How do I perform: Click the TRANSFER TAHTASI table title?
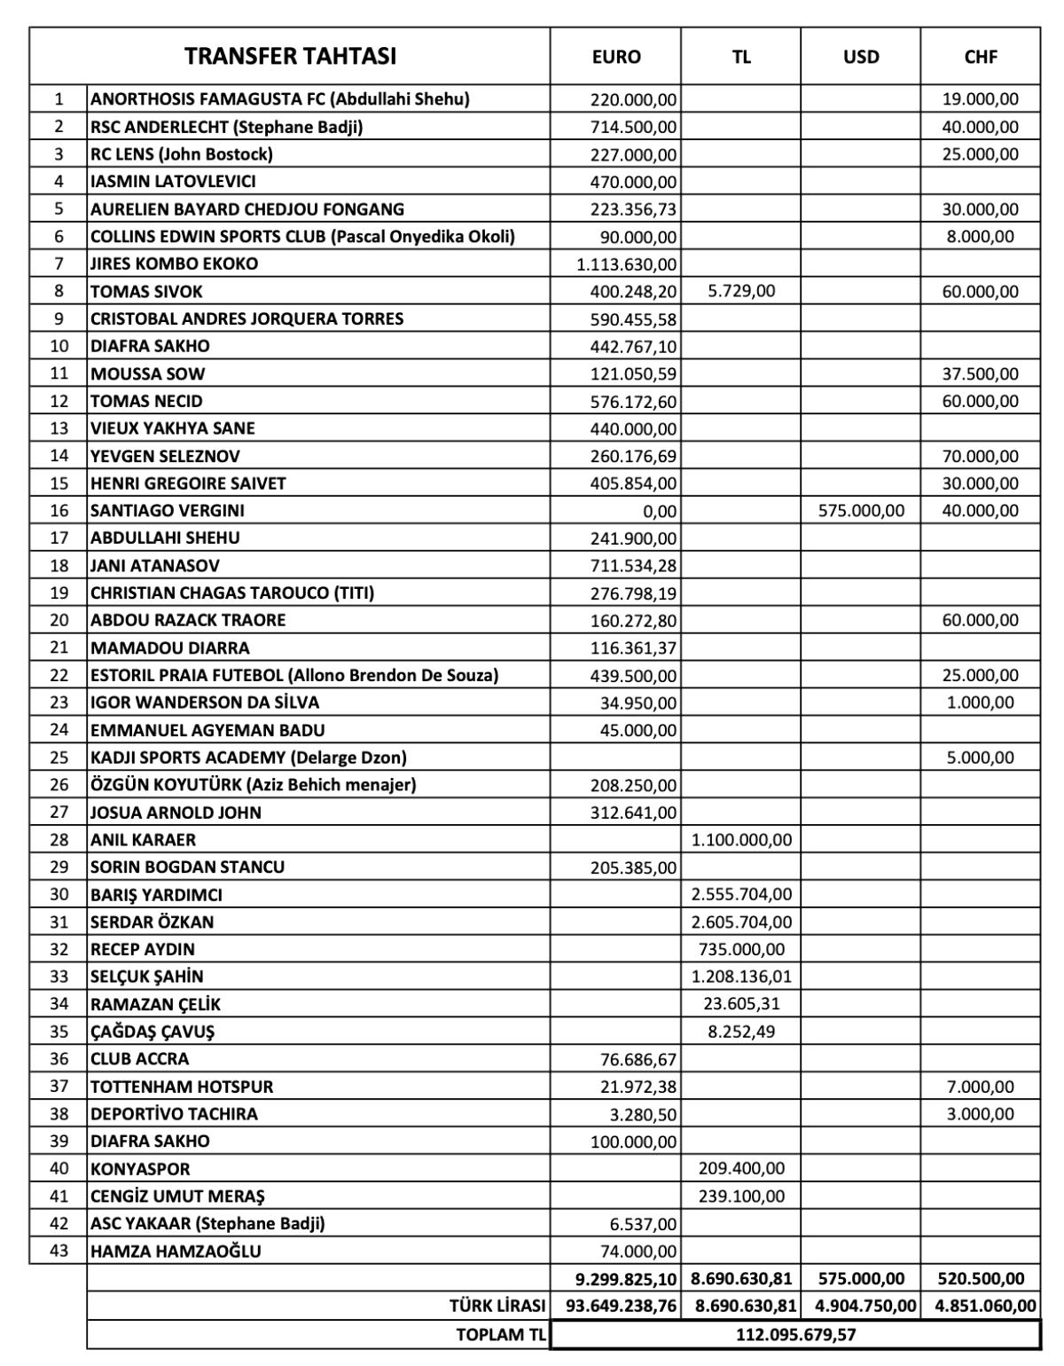[x=290, y=57]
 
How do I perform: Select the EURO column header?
[x=615, y=57]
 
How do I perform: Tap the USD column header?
[x=860, y=57]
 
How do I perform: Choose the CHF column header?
[x=980, y=57]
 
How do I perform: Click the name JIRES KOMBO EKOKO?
[x=174, y=263]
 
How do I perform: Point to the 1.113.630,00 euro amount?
[x=626, y=264]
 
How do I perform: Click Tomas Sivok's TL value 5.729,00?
[x=741, y=291]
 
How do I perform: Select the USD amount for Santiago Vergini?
[x=860, y=511]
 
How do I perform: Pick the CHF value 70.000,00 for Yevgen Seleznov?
[x=980, y=456]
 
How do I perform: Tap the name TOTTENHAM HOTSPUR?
[x=182, y=1087]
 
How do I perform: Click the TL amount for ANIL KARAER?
[x=741, y=840]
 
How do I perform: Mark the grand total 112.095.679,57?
[x=795, y=1334]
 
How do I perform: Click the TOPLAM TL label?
[x=500, y=1334]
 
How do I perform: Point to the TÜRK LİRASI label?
[x=497, y=1306]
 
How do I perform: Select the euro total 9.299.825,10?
[x=626, y=1278]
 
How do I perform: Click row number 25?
[x=59, y=758]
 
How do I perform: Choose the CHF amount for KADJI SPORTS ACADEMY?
[x=980, y=758]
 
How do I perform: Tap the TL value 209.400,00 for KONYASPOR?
[x=741, y=1169]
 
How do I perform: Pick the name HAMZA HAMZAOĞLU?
[x=188, y=1252]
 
